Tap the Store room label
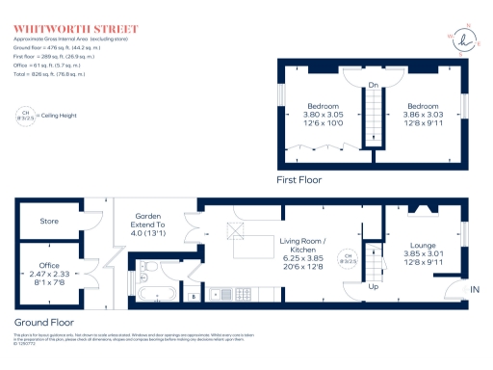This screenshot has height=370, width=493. pyautogui.click(x=48, y=221)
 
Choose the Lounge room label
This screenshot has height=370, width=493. pyautogui.click(x=424, y=246)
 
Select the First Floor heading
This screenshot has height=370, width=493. pyautogui.click(x=298, y=179)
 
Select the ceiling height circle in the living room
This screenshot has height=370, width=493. pyautogui.click(x=351, y=259)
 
